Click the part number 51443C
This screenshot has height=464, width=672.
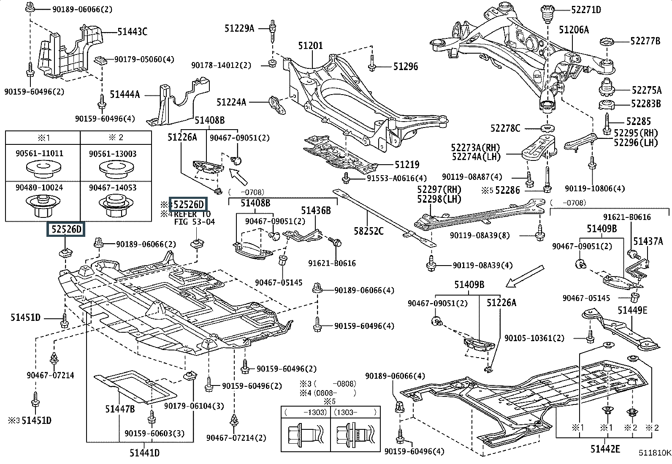click(x=132, y=32)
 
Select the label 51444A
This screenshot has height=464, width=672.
click(x=125, y=95)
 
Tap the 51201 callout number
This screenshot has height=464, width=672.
click(x=311, y=46)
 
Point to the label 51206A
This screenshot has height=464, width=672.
click(x=574, y=30)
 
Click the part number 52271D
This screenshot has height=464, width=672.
click(x=586, y=10)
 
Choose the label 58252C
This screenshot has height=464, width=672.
click(x=369, y=231)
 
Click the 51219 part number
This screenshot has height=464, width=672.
click(x=407, y=165)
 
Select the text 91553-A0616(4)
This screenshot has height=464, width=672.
click(x=397, y=178)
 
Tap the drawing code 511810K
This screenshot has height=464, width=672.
click(x=655, y=453)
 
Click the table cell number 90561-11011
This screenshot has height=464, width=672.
click(x=40, y=153)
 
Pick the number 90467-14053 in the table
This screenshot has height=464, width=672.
click(x=113, y=187)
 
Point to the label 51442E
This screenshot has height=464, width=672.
click(x=605, y=449)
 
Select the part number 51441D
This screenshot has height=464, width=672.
click(x=145, y=453)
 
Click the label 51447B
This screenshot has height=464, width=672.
click(x=120, y=409)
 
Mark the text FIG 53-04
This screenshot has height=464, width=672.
click(x=195, y=222)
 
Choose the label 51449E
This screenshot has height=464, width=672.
click(x=632, y=310)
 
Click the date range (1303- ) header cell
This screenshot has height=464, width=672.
click(x=355, y=412)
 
